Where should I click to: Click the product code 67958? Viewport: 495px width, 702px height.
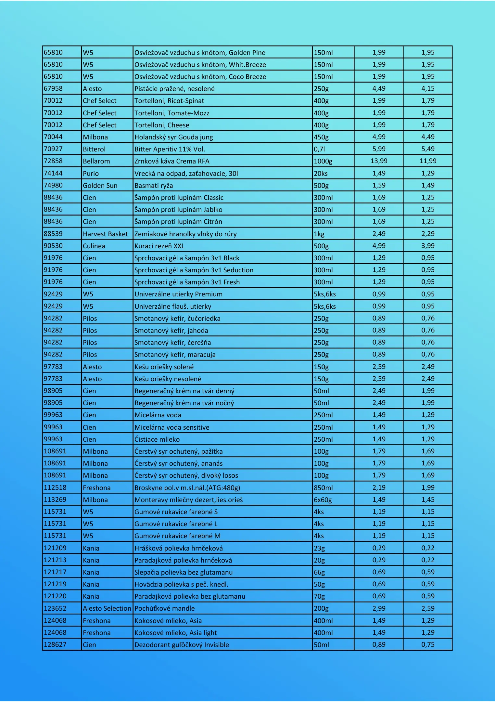point(53,88)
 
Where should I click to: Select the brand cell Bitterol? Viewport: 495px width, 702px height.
point(94,149)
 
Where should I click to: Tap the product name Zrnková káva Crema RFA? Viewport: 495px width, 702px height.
point(172,161)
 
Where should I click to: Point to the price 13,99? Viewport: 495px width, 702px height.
point(379,161)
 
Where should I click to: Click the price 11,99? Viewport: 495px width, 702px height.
point(428,161)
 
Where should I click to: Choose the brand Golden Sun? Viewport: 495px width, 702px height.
point(100,186)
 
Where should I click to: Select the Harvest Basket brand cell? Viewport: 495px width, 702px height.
point(105,234)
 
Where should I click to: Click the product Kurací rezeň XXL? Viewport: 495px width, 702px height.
point(159,246)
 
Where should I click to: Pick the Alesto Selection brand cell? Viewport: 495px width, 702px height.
point(107,608)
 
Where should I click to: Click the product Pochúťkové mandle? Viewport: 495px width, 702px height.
point(165,608)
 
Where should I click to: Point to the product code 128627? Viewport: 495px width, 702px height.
point(55,644)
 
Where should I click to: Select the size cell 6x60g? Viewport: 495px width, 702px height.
point(323,500)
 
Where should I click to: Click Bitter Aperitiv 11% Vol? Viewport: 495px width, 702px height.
point(170,149)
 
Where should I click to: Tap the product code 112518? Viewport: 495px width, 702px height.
point(55,487)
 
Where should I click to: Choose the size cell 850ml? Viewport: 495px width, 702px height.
point(323,488)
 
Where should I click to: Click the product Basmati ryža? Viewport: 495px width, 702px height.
point(154,186)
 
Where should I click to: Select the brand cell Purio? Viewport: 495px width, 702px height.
point(91,174)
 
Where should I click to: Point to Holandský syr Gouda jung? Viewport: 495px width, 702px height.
point(174,137)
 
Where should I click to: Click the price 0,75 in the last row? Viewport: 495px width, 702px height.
point(428,644)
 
